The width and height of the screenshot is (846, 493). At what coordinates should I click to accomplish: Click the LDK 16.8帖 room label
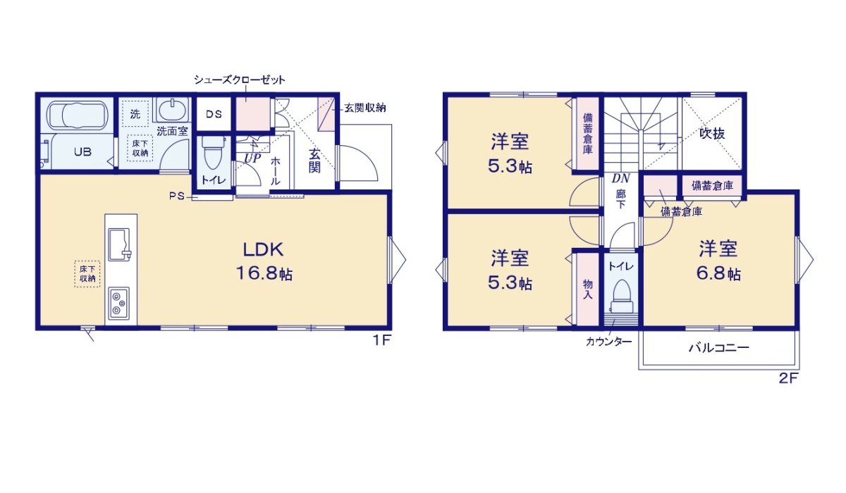click(x=264, y=261)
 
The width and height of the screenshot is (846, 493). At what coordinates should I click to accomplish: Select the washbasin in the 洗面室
click(x=172, y=111)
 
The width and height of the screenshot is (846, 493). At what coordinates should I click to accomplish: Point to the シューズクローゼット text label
click(x=240, y=80)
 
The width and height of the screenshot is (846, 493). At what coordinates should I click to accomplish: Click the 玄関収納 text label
click(x=364, y=108)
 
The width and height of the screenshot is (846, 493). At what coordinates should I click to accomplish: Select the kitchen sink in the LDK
click(x=121, y=244)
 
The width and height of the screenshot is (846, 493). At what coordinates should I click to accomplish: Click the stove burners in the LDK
click(x=118, y=304)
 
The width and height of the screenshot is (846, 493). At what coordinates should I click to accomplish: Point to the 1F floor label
click(x=381, y=341)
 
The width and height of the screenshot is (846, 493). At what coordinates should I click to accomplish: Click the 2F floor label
click(x=787, y=378)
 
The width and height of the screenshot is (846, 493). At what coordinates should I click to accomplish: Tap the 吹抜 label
click(x=712, y=133)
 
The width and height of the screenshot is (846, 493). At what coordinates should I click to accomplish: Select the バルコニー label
click(x=718, y=348)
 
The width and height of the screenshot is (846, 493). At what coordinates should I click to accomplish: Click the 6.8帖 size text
click(x=720, y=274)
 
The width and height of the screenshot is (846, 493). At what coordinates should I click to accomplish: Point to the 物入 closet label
click(x=588, y=288)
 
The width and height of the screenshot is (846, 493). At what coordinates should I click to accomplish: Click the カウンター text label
click(x=608, y=342)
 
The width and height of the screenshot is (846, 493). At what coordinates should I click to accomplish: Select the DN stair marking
click(x=620, y=180)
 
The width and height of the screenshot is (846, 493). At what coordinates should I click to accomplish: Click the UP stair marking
click(x=252, y=160)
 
